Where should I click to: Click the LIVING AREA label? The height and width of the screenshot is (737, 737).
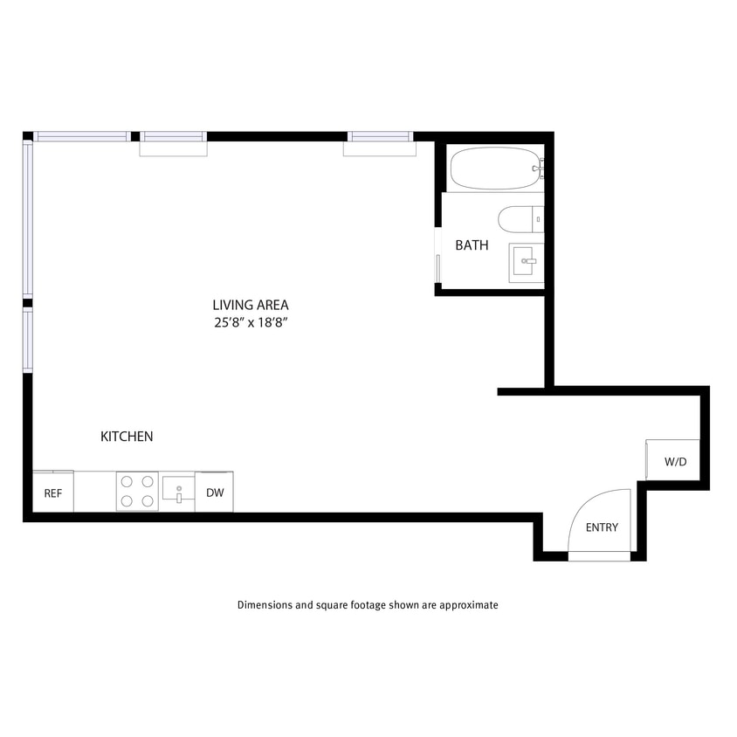[250, 305]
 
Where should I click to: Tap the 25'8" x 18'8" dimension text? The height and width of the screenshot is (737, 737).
[250, 322]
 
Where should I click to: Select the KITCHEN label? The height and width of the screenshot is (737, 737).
[127, 436]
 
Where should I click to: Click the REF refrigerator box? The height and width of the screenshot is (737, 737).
[53, 492]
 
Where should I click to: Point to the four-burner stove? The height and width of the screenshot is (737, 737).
[137, 491]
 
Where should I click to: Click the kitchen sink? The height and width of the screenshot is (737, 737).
[177, 491]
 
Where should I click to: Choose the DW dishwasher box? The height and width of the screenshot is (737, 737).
[215, 492]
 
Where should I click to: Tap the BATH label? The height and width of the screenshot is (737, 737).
[472, 245]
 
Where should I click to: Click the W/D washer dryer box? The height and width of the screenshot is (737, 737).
[675, 460]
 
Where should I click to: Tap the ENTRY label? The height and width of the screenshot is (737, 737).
[602, 527]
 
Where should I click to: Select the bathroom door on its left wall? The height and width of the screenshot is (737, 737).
[437, 255]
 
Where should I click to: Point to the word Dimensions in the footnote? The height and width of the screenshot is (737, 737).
[265, 604]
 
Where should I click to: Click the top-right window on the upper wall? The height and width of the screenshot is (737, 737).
[379, 136]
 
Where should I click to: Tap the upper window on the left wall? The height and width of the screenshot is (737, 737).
[28, 221]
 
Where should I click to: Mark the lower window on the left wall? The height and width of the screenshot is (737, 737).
[28, 341]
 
